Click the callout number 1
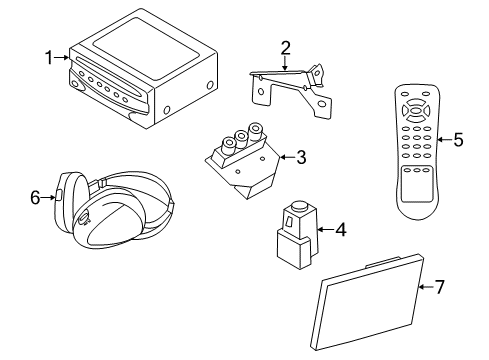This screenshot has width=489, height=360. coord(48,57)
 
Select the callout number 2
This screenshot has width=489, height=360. coord(285,47)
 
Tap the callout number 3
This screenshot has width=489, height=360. coord(299,156)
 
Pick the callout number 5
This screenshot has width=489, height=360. coord(458,139)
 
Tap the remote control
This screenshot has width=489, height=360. coord(411,150)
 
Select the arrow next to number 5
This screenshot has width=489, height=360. coord(440,139)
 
